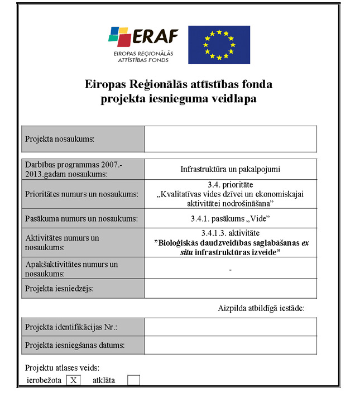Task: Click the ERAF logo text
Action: tap(156, 37)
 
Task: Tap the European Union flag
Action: tap(219, 45)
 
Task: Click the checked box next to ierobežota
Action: tap(73, 380)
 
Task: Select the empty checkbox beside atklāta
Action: tap(133, 380)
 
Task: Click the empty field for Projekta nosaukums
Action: tap(230, 139)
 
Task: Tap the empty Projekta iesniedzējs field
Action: tap(230, 289)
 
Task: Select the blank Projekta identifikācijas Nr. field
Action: tap(230, 327)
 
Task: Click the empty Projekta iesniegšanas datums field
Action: tap(230, 345)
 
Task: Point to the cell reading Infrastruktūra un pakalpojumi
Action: tap(230, 169)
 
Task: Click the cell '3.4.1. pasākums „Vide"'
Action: tap(230, 218)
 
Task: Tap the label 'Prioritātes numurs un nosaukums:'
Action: tap(82, 194)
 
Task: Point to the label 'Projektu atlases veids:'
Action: tap(63, 368)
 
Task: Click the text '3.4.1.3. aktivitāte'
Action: tap(230, 232)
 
